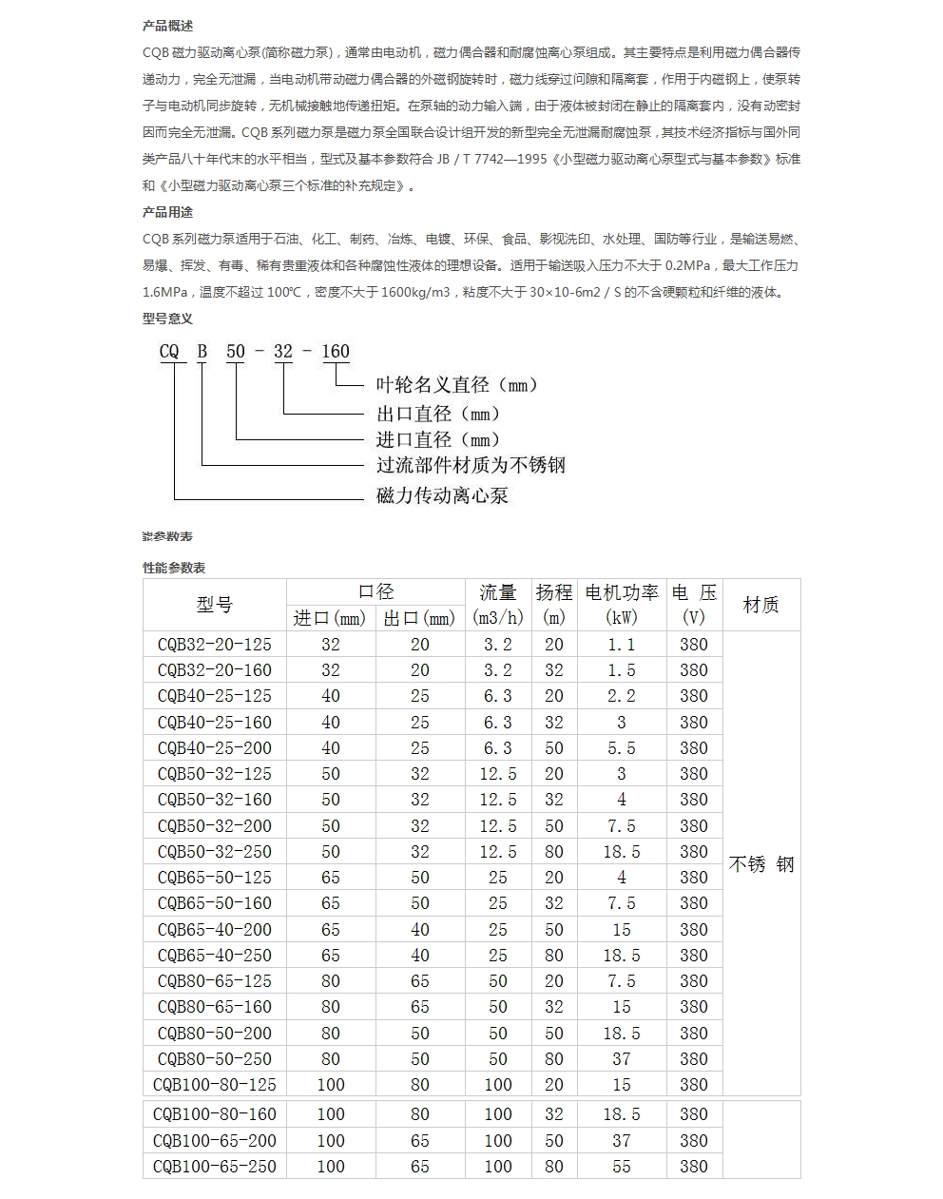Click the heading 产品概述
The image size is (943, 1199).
point(167,26)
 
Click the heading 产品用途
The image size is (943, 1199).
point(167,212)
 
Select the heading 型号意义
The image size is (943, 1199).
point(167,319)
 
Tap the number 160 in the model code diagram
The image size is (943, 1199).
point(336,352)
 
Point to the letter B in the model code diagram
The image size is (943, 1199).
point(202,352)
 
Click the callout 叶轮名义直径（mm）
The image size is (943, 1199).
point(458,385)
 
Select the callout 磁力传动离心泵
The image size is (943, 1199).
point(442,495)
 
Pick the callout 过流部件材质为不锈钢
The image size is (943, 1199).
point(471,465)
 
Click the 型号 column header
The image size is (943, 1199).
point(215,605)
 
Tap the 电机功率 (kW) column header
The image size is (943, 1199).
point(622,605)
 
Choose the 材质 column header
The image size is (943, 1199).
point(760,605)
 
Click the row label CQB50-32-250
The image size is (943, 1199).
point(215,852)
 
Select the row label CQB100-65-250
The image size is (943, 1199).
point(215,1166)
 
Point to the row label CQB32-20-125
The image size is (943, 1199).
point(215,645)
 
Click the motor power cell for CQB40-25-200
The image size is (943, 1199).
point(622,748)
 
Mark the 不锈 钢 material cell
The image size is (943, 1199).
point(760,864)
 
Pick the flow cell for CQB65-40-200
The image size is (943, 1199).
point(498,930)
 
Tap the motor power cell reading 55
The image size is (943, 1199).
point(622,1166)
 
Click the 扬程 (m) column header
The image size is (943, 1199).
point(554,605)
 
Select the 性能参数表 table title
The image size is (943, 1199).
point(174,568)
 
